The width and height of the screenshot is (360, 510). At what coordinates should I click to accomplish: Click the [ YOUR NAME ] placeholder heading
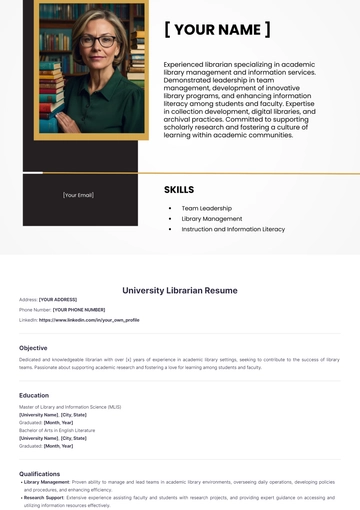(217, 29)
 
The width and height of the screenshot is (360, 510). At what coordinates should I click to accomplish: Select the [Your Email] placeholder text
(78, 195)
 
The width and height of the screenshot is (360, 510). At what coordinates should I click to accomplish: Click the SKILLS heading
(179, 189)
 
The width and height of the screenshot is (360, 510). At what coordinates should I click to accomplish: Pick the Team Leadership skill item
(206, 208)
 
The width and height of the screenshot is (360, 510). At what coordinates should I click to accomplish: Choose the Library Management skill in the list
(211, 218)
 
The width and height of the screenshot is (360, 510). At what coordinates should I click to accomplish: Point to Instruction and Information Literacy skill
(233, 229)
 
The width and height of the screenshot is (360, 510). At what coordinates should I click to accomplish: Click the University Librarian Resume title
(180, 290)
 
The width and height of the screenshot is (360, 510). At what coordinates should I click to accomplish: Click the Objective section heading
(33, 348)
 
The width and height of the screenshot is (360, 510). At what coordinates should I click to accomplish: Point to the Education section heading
(34, 395)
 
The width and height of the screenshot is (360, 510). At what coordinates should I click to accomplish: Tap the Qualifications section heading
(40, 473)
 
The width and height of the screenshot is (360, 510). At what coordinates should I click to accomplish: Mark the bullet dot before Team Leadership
(170, 208)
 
